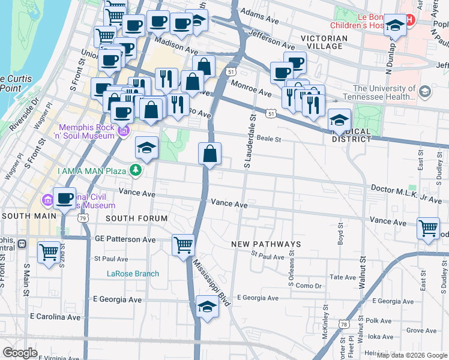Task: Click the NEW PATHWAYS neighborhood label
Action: pos(266,244)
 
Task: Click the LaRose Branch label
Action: pos(133,274)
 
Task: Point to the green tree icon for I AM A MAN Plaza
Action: pos(136,171)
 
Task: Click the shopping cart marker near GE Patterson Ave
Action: pos(183,245)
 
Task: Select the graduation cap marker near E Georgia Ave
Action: pos(207,306)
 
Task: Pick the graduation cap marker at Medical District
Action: pos(339,120)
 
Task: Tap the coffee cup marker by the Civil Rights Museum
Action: pos(64,198)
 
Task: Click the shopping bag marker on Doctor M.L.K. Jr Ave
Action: pos(209,154)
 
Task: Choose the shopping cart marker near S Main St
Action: pos(49,251)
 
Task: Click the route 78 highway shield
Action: pos(343,324)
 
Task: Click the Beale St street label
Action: pos(270,139)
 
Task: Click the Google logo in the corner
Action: pos(20,352)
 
